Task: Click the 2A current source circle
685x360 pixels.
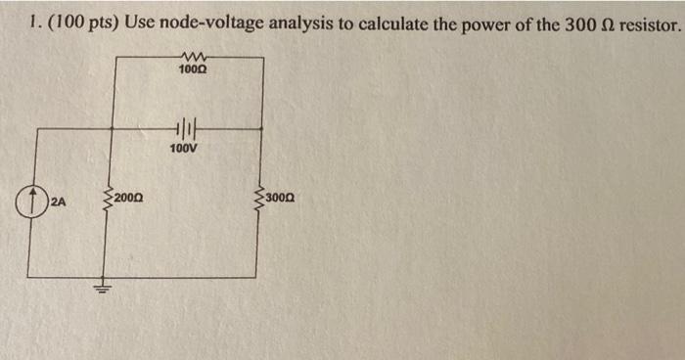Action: click(30, 203)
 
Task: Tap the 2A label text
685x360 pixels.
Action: click(58, 203)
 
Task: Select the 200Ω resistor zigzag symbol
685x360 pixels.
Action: click(107, 199)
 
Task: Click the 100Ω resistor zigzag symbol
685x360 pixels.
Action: click(190, 58)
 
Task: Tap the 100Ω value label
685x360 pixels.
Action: click(190, 71)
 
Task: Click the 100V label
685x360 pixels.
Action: click(183, 149)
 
